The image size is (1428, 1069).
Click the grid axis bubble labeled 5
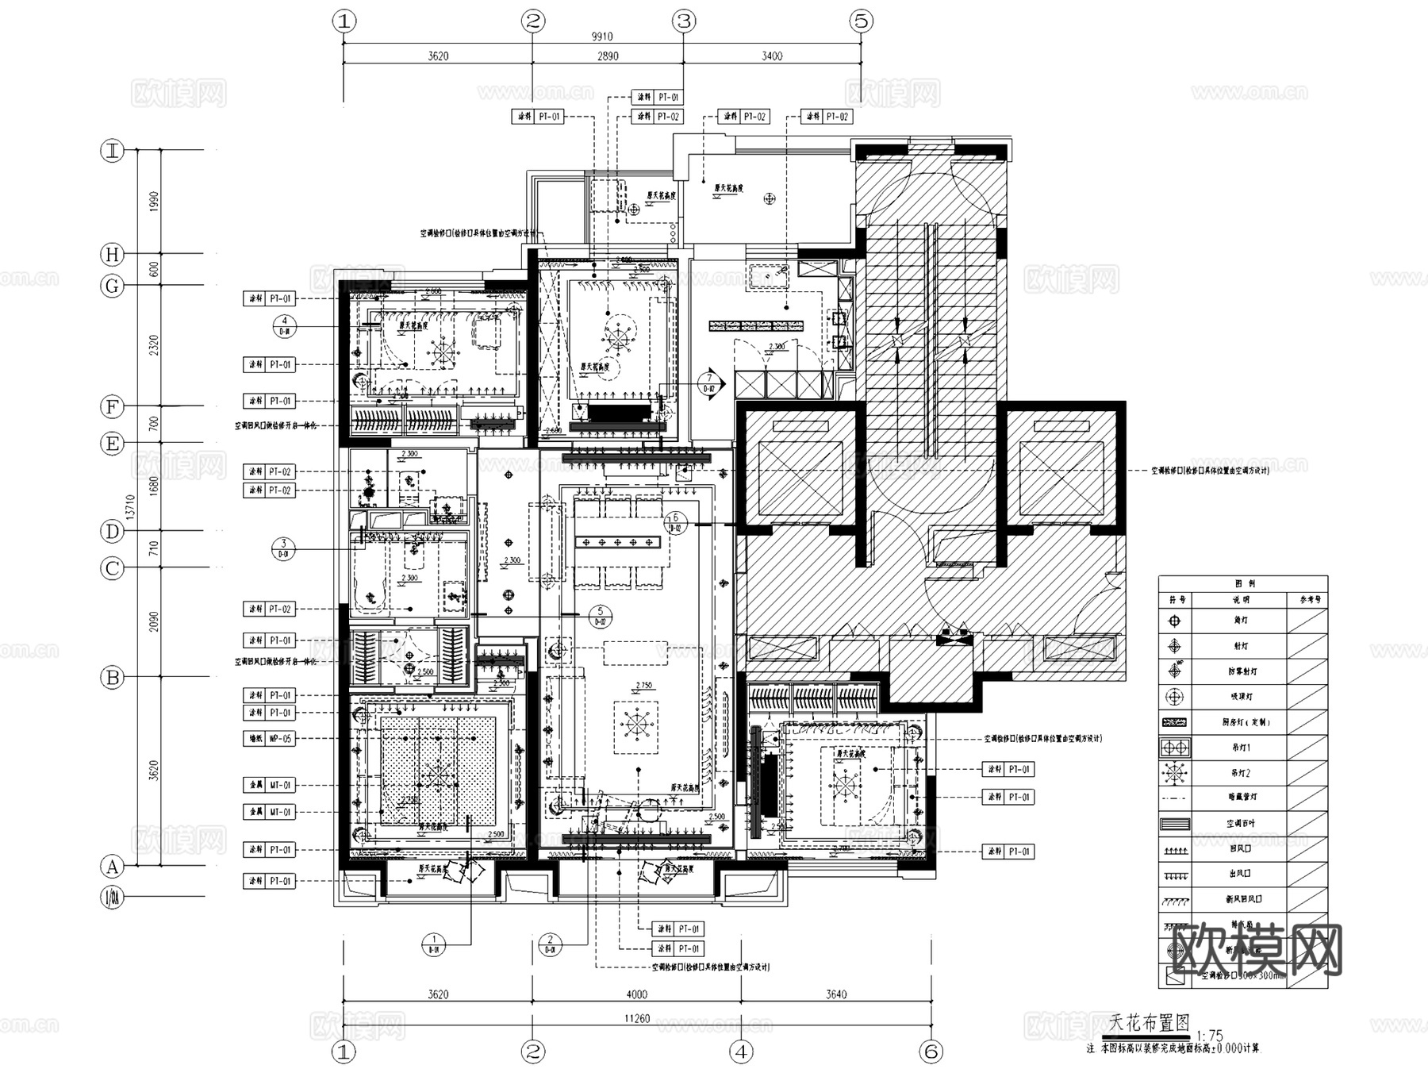(862, 21)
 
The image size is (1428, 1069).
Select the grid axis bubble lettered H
(113, 254)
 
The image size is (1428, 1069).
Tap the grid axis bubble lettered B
(113, 677)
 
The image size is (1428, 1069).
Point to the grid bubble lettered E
(113, 443)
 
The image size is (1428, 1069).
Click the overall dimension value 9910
(602, 37)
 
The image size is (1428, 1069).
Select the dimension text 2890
(608, 56)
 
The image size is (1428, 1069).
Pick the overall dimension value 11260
(636, 1019)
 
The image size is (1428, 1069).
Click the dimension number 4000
(636, 994)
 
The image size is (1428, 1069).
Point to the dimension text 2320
(154, 345)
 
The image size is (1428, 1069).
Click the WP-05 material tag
(281, 739)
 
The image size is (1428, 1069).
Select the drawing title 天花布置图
(1150, 1024)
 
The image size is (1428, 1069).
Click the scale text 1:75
(1210, 1036)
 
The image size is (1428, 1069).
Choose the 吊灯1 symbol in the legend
(1175, 748)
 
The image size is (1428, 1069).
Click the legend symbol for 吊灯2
(1175, 772)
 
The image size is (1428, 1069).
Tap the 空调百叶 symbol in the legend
(1175, 824)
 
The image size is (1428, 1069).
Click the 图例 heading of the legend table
(1242, 583)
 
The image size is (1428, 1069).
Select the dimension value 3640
(836, 994)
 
